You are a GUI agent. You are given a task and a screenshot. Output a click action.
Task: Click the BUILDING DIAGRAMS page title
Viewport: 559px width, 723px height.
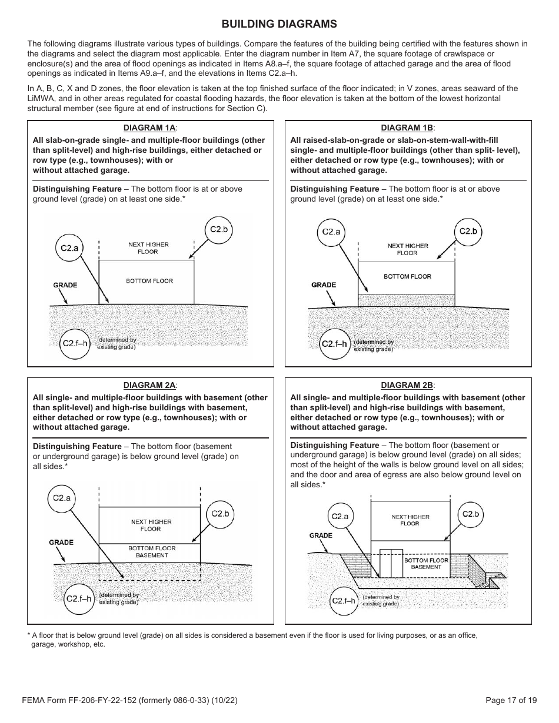pos(279,24)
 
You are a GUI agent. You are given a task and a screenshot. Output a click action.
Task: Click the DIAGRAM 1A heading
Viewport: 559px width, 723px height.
pos(150,128)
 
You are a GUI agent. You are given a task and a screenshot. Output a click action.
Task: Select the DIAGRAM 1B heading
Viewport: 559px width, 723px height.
pos(408,128)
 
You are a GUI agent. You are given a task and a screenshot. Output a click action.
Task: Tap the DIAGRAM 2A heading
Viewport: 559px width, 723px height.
pos(150,385)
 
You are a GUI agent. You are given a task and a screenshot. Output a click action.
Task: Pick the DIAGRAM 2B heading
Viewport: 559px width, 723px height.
pos(408,385)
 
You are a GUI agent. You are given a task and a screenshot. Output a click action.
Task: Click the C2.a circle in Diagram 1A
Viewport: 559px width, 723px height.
pos(69,248)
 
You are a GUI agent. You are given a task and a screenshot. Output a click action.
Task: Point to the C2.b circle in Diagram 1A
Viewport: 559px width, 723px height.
pos(218,229)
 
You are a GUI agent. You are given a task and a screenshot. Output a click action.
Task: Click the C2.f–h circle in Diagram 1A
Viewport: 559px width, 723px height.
pos(76,343)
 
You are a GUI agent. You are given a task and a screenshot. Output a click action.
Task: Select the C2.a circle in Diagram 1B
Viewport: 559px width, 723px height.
pos(331,232)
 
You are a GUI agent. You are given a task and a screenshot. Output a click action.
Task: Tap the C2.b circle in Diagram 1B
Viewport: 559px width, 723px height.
pos(468,231)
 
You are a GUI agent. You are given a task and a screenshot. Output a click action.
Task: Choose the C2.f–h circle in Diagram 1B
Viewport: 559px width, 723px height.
pos(334,343)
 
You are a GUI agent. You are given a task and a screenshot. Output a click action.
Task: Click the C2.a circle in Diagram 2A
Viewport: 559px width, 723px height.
pos(61,498)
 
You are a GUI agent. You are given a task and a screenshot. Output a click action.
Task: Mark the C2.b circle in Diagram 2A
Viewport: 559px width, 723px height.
pos(219,514)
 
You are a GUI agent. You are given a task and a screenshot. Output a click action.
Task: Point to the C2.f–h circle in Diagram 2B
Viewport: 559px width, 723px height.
pos(344,600)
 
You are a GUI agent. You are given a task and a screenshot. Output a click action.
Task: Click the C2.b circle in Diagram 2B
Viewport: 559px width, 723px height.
pos(471,514)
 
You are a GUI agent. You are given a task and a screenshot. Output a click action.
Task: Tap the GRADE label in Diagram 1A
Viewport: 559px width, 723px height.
pos(65,285)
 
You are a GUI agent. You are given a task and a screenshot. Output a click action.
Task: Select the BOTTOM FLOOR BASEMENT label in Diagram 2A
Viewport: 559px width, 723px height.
pos(152,551)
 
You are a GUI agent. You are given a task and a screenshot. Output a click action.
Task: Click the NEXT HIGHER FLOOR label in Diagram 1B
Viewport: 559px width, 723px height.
pos(408,249)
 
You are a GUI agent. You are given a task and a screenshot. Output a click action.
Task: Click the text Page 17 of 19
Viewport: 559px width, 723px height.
pos(511,700)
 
